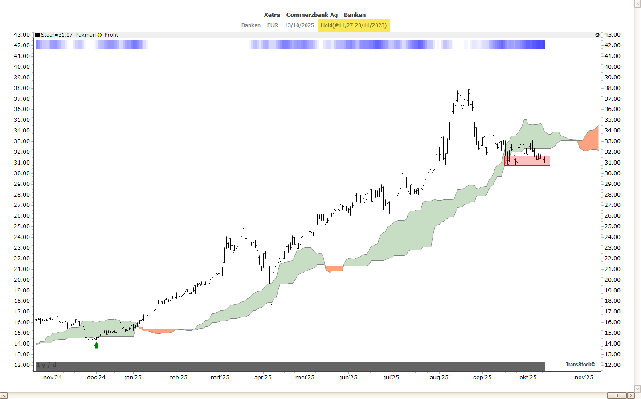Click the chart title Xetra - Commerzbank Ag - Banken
(314, 15)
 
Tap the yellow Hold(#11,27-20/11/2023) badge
(354, 25)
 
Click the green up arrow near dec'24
(96, 345)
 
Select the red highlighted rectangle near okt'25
(527, 161)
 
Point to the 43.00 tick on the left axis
(22, 35)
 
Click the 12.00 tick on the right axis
(612, 365)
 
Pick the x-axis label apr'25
(263, 377)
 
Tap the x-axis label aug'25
(439, 377)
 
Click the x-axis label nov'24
(53, 377)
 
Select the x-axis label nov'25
(584, 377)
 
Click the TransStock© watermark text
(580, 365)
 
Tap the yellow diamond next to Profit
(100, 35)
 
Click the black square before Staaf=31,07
(38, 35)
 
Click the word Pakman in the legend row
(85, 35)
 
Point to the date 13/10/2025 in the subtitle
(299, 25)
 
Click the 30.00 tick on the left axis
(22, 173)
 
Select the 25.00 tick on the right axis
(612, 226)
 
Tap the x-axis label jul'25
(391, 377)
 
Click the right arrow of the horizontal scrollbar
(631, 395)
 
